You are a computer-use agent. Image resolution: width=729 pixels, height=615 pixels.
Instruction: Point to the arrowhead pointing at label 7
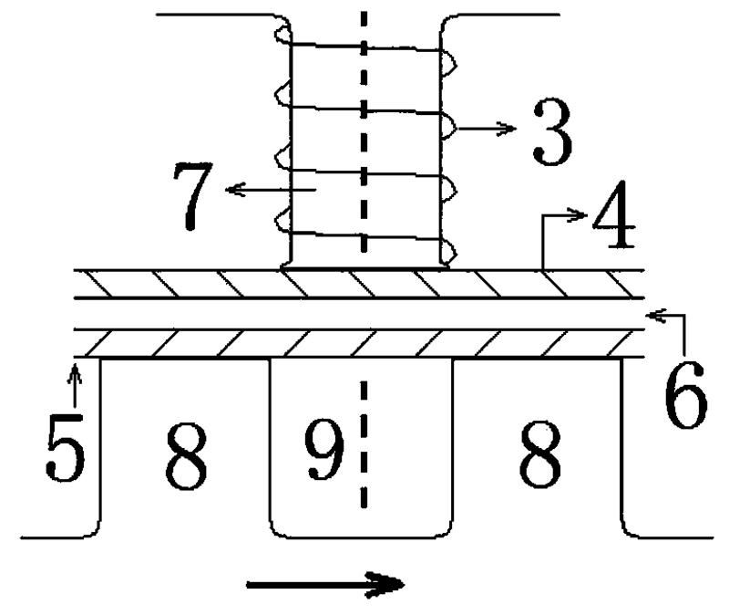click(231, 188)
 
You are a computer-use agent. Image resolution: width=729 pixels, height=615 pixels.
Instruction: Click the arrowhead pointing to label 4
click(582, 215)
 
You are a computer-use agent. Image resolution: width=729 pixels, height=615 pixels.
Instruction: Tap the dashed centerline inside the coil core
click(364, 137)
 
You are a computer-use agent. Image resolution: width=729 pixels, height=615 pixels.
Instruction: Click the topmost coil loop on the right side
click(449, 59)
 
